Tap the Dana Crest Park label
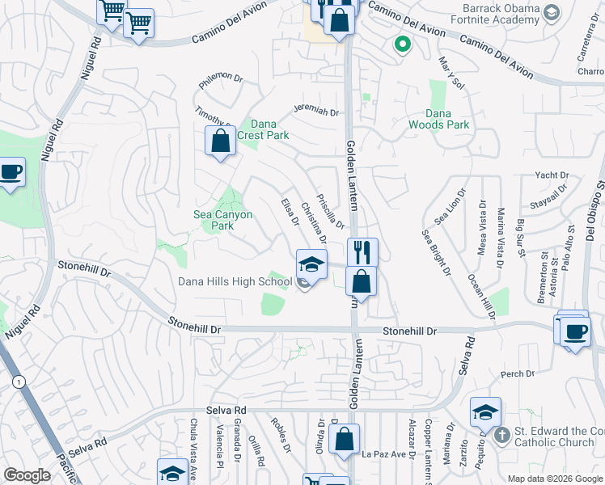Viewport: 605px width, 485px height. [x=269, y=129]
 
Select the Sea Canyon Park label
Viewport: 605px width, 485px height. [x=222, y=220]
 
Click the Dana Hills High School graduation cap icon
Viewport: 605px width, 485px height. [x=311, y=264]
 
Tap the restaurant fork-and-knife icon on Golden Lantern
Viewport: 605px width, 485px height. [x=362, y=252]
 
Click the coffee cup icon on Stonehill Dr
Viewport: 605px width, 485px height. [x=575, y=331]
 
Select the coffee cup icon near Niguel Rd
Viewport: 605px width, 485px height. [x=11, y=172]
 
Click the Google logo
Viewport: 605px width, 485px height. [x=27, y=475]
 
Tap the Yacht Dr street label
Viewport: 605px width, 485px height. [x=552, y=175]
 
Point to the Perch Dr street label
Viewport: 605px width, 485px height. [x=518, y=373]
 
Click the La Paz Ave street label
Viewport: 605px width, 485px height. [x=383, y=454]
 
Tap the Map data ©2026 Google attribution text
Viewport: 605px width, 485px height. [x=555, y=479]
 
